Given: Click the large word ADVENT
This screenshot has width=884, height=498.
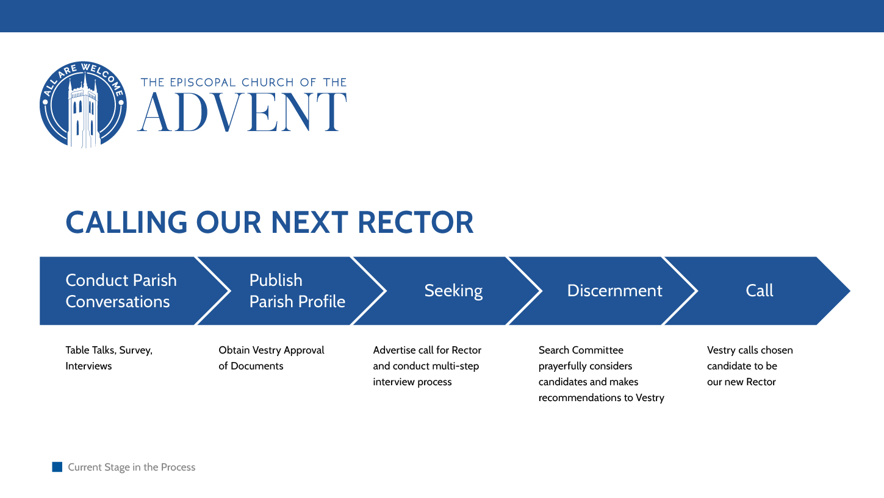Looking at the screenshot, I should coord(243,113).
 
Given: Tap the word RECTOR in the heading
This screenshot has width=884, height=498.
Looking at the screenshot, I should coord(415,222).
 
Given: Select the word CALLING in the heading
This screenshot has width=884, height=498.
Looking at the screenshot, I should coord(126,222).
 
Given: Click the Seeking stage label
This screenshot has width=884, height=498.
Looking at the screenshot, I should coord(453,291).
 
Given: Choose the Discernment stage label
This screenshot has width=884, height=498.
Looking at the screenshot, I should coord(614,291).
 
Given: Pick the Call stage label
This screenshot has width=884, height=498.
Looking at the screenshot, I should coord(759,291).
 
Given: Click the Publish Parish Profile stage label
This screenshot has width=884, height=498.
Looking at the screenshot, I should coord(296,291).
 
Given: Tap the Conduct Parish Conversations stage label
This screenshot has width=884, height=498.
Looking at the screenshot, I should coord(121,291).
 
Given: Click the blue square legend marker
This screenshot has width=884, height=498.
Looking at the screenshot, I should coord(57,467).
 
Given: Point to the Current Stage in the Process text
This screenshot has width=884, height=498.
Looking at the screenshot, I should coord(131,468).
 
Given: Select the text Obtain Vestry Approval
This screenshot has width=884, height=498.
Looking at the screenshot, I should coord(271,350).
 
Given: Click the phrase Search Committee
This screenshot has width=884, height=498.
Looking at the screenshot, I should coord(581,350).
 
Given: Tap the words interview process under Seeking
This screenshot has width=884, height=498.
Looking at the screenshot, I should coord(412,382).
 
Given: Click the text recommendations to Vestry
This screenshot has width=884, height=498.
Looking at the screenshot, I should coord(601,398).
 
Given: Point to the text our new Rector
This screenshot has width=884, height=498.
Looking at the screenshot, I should coord(741,382).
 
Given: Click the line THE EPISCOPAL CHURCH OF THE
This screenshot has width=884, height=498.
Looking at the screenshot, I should coord(243,82).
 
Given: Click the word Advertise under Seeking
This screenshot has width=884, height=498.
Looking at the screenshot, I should coord(393,350).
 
